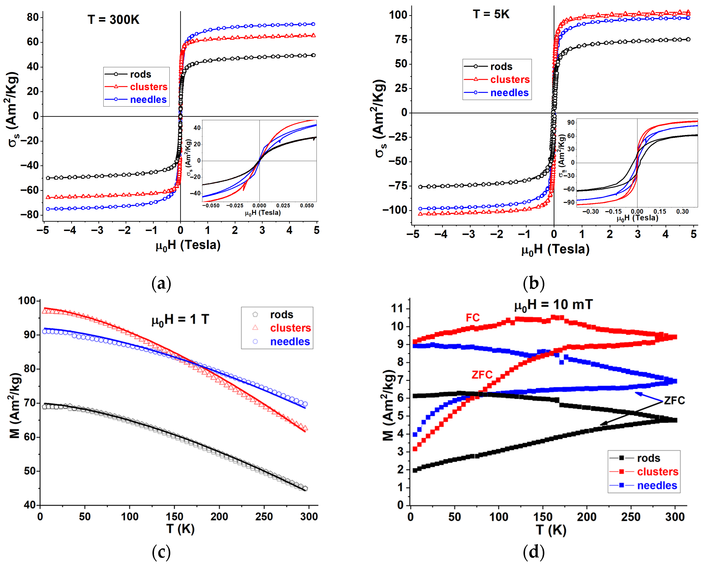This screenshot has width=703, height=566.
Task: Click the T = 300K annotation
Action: (x=113, y=20)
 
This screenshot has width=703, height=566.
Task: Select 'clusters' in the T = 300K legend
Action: (x=148, y=87)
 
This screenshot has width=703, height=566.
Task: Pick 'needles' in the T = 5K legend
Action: (x=509, y=93)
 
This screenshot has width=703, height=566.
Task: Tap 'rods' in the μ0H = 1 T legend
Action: (x=282, y=315)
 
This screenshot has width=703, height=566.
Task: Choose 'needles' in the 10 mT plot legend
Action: (x=657, y=485)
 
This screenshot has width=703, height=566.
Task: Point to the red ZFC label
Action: (x=482, y=375)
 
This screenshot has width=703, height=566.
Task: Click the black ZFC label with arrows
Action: (x=674, y=400)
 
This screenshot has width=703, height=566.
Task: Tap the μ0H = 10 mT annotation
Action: (x=553, y=305)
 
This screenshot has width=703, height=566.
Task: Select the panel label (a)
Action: (x=161, y=283)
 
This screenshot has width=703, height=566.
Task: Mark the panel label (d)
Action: (x=533, y=552)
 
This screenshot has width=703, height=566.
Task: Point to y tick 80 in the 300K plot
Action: (x=33, y=17)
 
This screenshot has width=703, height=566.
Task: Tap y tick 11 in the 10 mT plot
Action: (x=397, y=308)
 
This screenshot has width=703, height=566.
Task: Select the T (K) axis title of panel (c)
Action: (x=180, y=529)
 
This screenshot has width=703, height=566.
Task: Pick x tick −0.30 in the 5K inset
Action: (x=590, y=211)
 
